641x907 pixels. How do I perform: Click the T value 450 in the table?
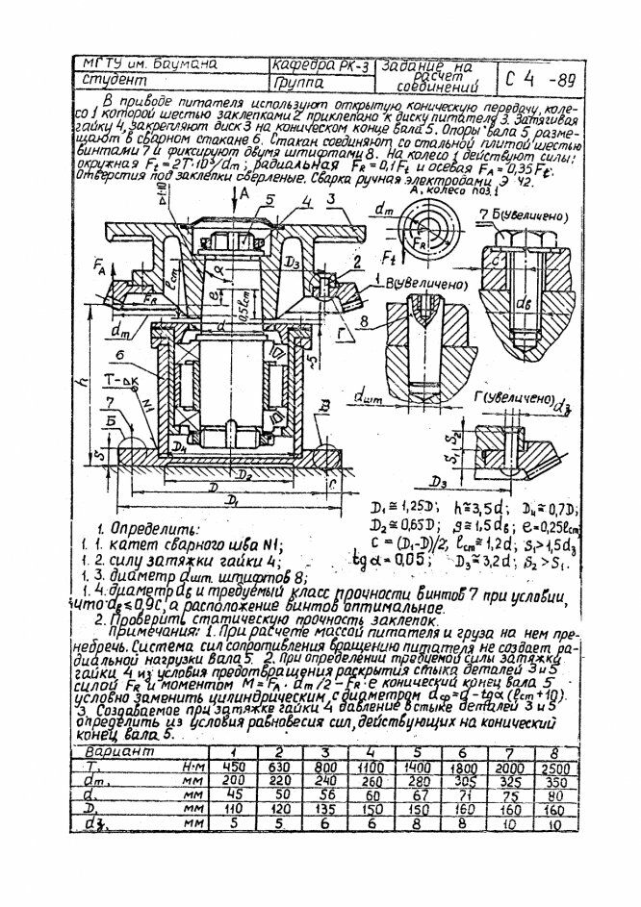[x=231, y=766]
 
